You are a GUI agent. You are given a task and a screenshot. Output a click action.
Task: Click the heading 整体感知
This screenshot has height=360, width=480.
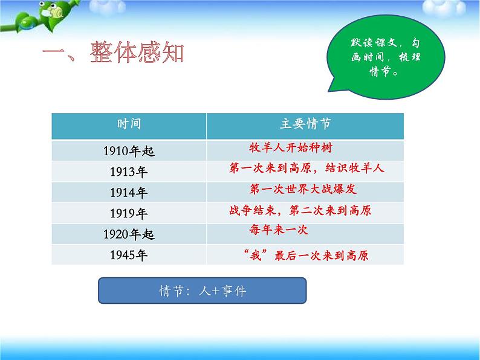(x=113, y=53)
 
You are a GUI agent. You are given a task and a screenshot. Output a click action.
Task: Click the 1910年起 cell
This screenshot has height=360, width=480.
(x=129, y=152)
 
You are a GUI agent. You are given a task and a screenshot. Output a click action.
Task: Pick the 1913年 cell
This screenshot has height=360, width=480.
(x=129, y=172)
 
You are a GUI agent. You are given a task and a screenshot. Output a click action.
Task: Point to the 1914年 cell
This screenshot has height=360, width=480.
(x=129, y=193)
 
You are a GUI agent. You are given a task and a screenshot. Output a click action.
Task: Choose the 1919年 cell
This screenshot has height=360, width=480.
(x=129, y=213)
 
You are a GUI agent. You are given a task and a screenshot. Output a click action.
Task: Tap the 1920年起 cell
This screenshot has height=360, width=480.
(x=129, y=234)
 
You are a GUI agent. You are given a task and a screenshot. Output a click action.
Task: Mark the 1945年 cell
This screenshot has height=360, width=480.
(x=129, y=254)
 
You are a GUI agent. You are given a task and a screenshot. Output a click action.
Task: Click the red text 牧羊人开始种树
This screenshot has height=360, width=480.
(x=291, y=147)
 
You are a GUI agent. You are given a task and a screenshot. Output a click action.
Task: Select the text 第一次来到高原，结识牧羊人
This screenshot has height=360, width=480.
(x=307, y=168)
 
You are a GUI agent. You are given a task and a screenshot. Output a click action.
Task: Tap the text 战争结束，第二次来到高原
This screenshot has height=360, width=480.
(x=300, y=210)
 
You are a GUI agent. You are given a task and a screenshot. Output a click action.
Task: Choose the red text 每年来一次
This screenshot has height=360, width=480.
(x=279, y=230)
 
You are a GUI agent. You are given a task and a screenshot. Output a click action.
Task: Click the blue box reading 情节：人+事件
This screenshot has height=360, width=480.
(x=203, y=291)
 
